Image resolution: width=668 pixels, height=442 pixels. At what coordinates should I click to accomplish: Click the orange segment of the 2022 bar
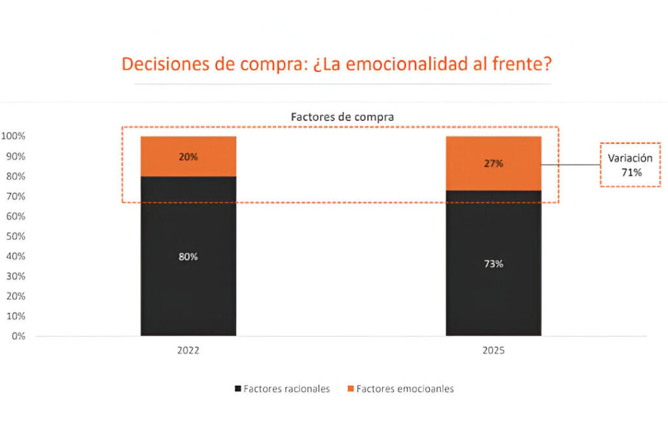pyautogui.click(x=188, y=166)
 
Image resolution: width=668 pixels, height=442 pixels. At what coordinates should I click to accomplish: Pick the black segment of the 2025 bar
pyautogui.click(x=493, y=293)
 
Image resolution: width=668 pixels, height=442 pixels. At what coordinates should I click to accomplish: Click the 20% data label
pyautogui.click(x=188, y=156)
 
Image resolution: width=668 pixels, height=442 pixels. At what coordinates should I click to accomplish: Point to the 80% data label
pyautogui.click(x=188, y=257)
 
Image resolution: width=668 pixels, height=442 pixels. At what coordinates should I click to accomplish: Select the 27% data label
pyautogui.click(x=493, y=164)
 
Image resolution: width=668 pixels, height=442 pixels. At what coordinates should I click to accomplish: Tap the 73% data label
pyautogui.click(x=493, y=264)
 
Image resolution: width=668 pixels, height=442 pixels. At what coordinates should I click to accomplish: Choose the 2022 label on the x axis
pyautogui.click(x=188, y=350)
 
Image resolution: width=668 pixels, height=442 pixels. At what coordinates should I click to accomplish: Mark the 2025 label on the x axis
pyautogui.click(x=493, y=350)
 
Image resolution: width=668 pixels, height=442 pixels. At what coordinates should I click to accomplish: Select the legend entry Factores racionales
pyautogui.click(x=282, y=389)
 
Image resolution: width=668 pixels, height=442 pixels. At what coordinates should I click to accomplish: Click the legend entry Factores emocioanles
pyautogui.click(x=400, y=389)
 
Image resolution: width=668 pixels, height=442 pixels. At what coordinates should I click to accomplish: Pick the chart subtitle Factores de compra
pyautogui.click(x=342, y=117)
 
